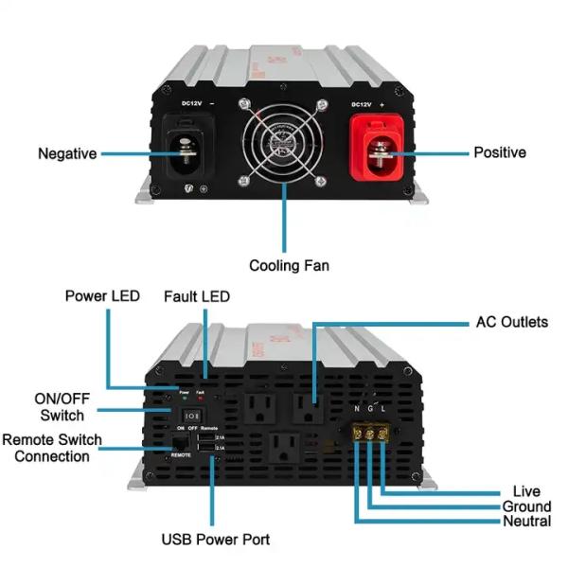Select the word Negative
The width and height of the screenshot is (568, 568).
[x=67, y=153]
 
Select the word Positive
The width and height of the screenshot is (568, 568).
[x=500, y=152]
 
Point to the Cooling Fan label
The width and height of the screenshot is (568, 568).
[x=289, y=265]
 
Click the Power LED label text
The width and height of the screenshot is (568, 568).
[x=102, y=296]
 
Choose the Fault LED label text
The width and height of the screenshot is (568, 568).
[x=197, y=296]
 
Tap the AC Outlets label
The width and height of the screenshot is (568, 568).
[x=511, y=322]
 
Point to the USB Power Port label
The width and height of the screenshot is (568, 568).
[x=215, y=540]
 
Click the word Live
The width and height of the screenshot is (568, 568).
[x=525, y=491]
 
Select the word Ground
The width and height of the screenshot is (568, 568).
[x=526, y=506]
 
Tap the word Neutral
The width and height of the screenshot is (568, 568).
[x=526, y=522]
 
